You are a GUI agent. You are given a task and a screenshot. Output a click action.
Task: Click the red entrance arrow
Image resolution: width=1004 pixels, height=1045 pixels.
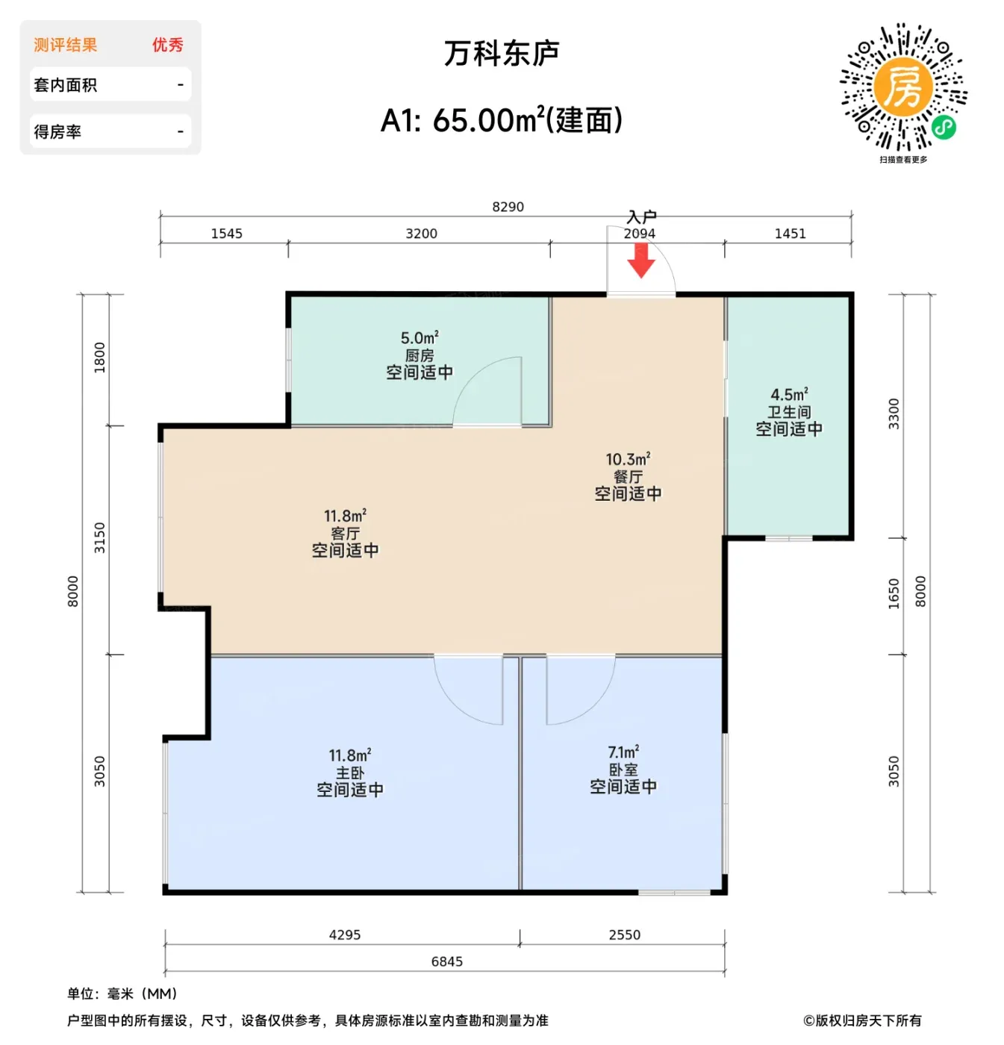(640, 260)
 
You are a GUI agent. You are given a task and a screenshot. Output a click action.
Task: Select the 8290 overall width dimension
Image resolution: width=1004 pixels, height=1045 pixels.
(508, 207)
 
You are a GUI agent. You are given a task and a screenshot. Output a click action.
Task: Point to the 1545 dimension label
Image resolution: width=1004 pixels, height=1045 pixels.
(227, 234)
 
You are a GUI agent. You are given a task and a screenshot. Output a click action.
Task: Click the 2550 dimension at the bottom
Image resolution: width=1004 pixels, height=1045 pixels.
(624, 935)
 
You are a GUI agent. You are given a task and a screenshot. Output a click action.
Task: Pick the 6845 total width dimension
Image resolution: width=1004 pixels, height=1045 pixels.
(446, 961)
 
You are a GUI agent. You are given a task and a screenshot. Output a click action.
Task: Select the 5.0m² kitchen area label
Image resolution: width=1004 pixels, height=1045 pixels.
(420, 338)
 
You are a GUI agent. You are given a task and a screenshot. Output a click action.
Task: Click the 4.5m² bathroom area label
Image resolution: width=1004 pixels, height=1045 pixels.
(789, 394)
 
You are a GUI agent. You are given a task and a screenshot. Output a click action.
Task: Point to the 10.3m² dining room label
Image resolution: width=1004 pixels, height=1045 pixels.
(628, 459)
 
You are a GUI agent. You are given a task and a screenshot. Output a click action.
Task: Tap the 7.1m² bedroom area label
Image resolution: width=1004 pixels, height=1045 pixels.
(623, 752)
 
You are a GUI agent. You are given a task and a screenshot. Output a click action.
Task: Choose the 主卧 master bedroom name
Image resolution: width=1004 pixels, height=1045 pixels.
(350, 773)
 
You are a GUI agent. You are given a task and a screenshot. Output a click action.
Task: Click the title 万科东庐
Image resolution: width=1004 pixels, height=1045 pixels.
(501, 53)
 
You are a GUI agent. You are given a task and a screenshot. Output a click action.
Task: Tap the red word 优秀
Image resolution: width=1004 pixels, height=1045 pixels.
(167, 45)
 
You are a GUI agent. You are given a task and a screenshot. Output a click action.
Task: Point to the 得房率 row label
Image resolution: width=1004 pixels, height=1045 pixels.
(57, 131)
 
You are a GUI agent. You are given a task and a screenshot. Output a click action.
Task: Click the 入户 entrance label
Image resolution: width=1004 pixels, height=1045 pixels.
(641, 216)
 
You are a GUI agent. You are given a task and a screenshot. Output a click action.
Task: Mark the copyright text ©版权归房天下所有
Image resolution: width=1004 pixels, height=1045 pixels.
(861, 1020)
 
